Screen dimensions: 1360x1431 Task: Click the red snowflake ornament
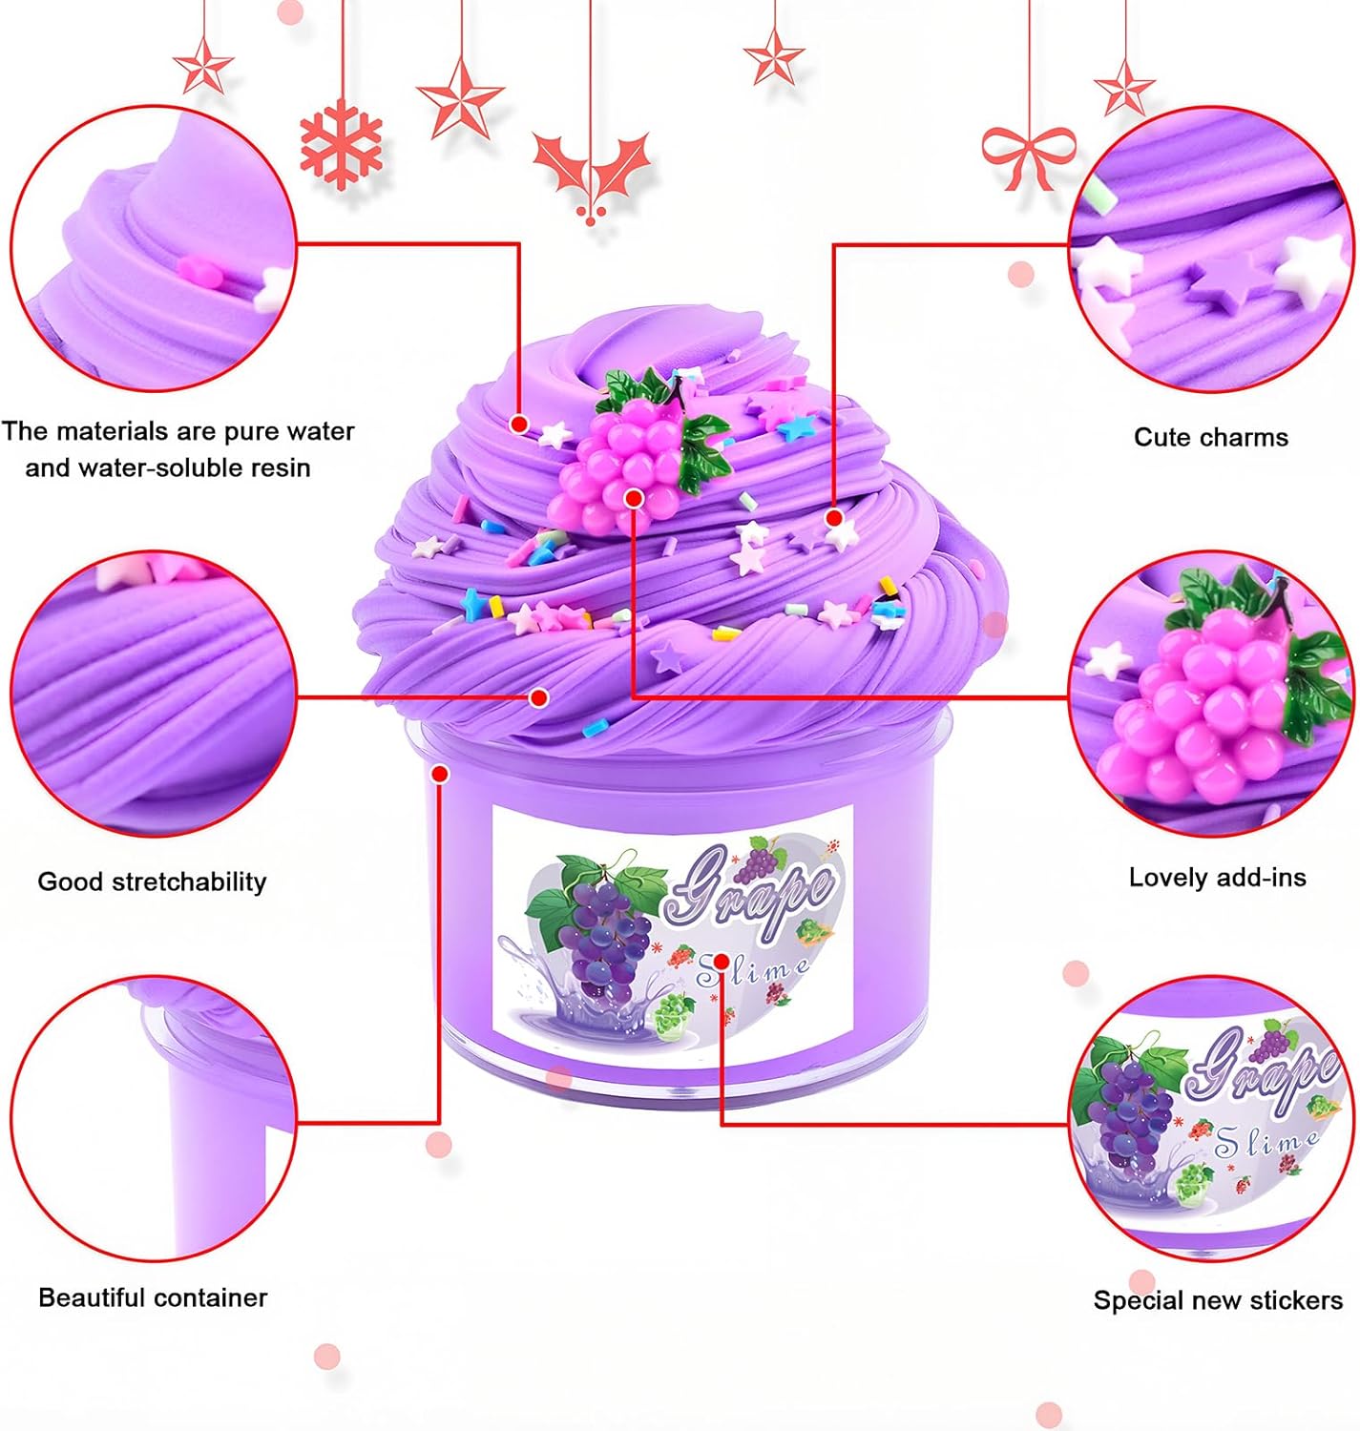[x=341, y=145]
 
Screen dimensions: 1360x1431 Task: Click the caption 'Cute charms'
[x=1211, y=437]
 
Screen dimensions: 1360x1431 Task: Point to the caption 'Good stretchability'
[x=153, y=881]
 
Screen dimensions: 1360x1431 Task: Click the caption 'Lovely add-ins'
[x=1217, y=877]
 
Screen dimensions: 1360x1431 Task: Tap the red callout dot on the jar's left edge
[x=439, y=773]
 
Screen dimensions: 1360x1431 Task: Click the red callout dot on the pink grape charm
[x=634, y=499]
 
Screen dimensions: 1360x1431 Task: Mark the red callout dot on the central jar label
[x=722, y=962]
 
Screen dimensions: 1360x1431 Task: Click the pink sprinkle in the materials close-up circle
[x=199, y=270]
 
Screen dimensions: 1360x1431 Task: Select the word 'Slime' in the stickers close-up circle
[x=1267, y=1141]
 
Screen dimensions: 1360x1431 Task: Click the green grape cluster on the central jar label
[x=672, y=1014]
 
